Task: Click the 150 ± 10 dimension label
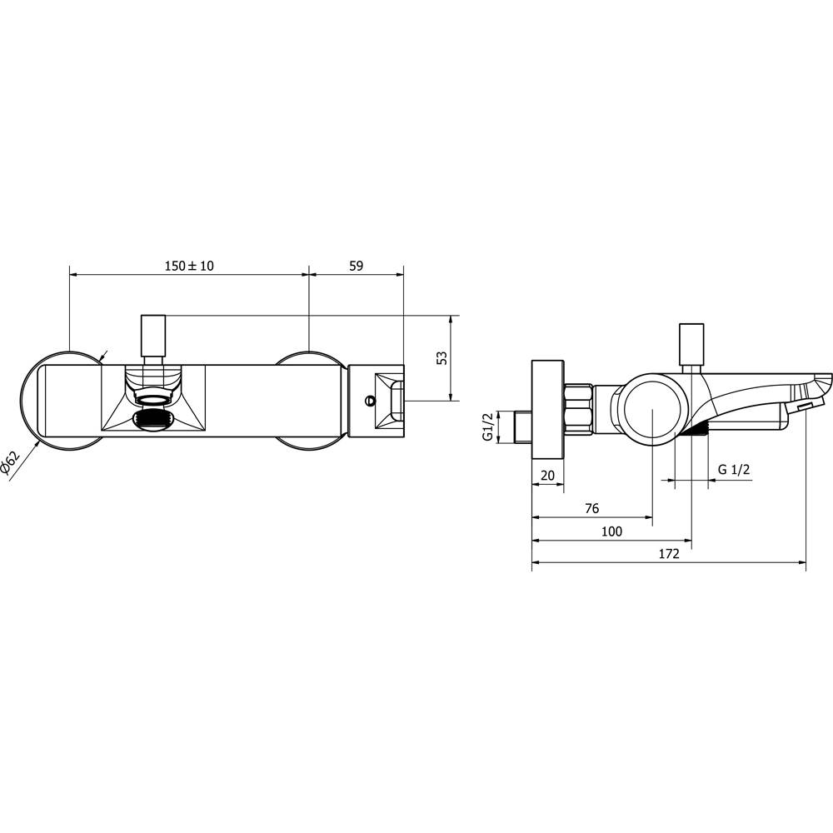(189, 266)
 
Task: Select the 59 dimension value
(356, 266)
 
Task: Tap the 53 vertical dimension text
(441, 358)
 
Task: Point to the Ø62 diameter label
(10, 462)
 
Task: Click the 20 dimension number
(547, 475)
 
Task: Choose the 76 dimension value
(591, 508)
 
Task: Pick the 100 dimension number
(611, 531)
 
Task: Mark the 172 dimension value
(669, 554)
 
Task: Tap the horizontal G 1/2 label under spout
(733, 470)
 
